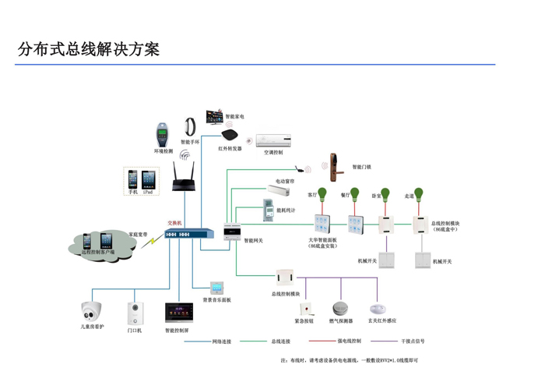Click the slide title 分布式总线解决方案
89,50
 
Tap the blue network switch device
188,233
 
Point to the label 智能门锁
361,167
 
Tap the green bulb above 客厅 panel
322,195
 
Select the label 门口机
135,331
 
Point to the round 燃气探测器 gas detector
341,309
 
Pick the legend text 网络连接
222,341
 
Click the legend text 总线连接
280,341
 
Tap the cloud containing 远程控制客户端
101,244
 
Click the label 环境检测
163,151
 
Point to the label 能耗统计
287,210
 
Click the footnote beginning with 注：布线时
349,361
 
